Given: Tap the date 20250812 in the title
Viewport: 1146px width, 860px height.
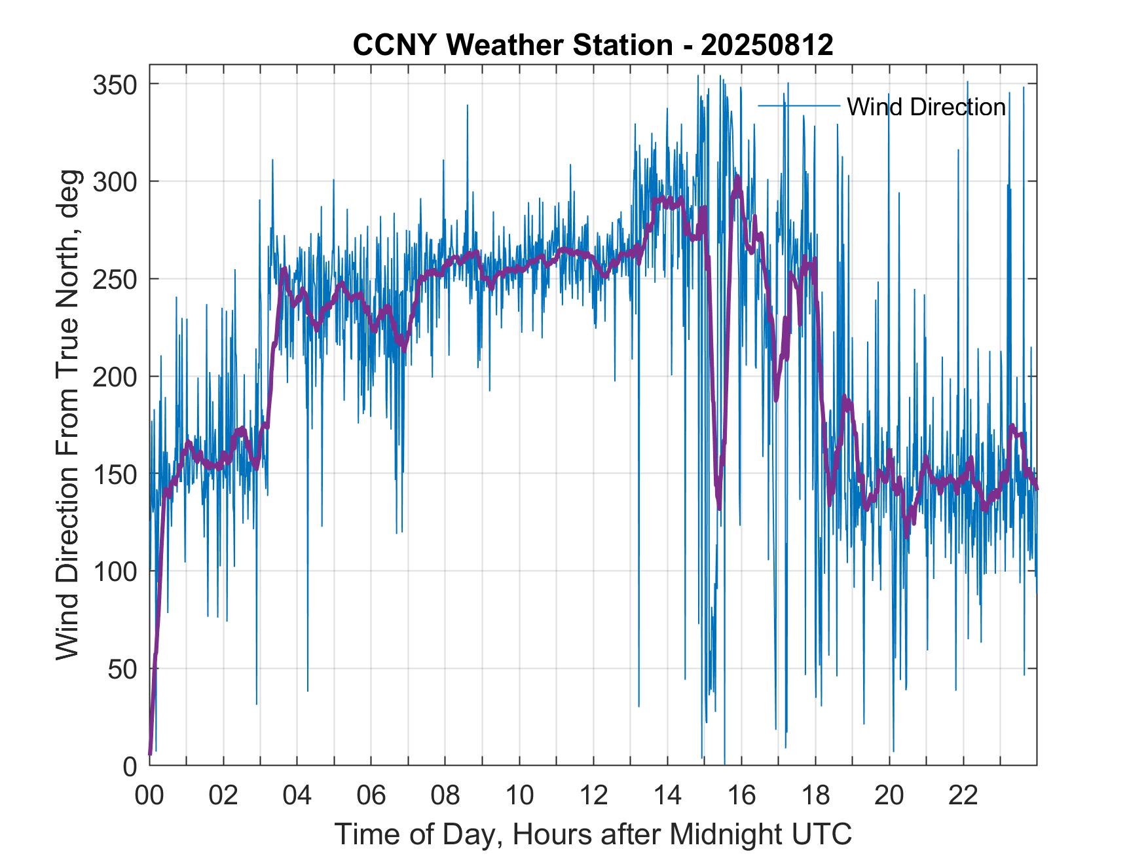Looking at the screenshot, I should pos(767,45).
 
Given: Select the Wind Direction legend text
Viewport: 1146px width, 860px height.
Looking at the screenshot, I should pos(926,107).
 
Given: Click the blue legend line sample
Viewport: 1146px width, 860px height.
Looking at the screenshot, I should pos(798,105).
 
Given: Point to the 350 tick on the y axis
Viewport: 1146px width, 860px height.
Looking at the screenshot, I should pos(115,84).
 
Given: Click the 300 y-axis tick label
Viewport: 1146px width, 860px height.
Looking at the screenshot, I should pos(115,181).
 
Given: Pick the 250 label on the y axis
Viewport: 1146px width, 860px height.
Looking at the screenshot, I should pos(115,279).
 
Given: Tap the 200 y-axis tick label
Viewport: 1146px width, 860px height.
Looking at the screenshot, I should pos(115,377).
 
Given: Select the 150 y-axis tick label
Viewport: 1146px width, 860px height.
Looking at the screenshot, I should pos(115,474).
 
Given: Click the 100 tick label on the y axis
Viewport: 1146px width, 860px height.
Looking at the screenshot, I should pos(115,571).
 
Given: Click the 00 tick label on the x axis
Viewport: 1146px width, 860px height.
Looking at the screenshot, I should pos(149,796).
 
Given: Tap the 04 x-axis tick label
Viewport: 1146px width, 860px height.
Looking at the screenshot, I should pos(297,796).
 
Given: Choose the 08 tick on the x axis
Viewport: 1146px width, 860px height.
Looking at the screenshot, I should pos(445,796).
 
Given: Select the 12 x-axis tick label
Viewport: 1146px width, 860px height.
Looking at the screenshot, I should pos(593,796).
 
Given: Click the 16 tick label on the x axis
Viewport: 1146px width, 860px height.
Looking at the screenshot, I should pos(741,796).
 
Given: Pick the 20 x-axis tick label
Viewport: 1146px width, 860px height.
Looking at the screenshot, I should pos(889,796).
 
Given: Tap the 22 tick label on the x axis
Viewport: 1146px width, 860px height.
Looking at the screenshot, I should pos(963,796).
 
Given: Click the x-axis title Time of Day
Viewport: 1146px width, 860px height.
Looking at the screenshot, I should pos(593,834).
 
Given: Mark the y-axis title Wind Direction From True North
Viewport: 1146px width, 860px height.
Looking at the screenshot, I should pos(67,415).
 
